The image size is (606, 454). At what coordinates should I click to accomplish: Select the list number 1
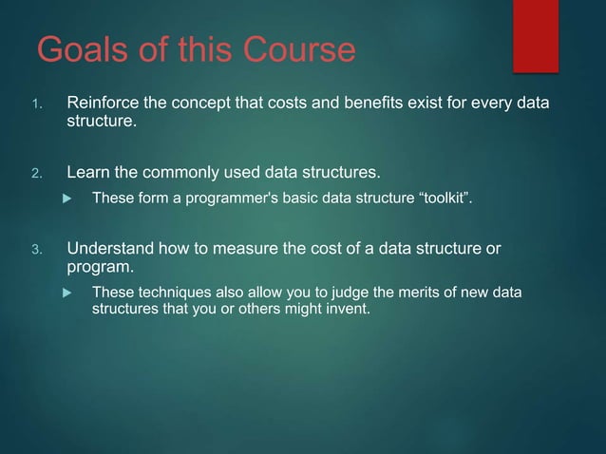(38, 104)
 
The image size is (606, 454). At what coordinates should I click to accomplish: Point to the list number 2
(38, 174)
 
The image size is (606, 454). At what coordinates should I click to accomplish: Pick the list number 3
(38, 251)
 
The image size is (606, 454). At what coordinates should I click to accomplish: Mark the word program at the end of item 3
(98, 268)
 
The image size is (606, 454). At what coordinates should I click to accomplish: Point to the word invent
(345, 309)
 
